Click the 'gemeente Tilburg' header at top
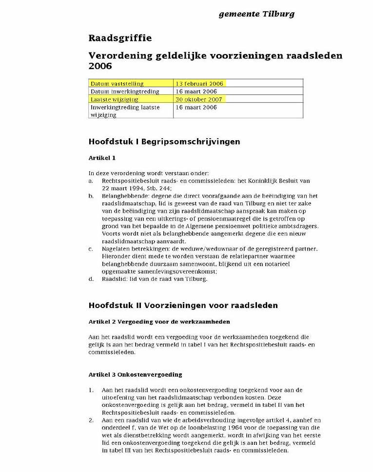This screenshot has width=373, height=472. [x=256, y=14]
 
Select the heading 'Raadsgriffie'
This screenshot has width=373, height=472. [x=120, y=38]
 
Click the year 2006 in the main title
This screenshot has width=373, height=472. [x=100, y=66]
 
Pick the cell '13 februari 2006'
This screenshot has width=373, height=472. [x=199, y=84]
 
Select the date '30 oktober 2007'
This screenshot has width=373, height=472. [x=199, y=99]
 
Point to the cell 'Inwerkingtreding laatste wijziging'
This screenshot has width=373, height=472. [x=124, y=110]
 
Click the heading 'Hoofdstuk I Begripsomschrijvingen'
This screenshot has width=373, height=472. [x=164, y=142]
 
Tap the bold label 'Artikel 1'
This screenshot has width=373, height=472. [x=102, y=158]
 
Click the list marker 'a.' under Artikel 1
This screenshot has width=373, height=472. [x=91, y=181]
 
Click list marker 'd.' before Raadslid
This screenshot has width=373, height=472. [x=91, y=279]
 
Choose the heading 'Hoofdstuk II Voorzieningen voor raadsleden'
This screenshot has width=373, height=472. [x=183, y=306]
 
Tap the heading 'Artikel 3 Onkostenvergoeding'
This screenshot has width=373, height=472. [x=135, y=375]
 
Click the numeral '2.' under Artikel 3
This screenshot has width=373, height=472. [x=91, y=420]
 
